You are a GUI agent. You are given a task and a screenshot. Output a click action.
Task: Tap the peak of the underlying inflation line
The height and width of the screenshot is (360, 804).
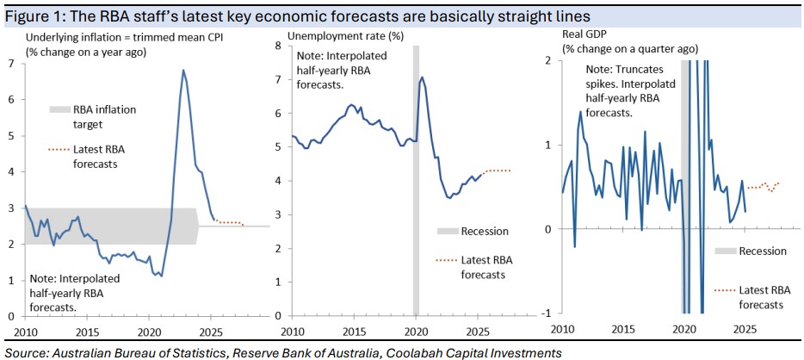pos(182,70)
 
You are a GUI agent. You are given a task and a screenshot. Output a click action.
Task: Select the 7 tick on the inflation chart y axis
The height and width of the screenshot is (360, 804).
pos(10,63)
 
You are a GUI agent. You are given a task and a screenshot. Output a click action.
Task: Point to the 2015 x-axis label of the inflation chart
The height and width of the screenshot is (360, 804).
pos(87,331)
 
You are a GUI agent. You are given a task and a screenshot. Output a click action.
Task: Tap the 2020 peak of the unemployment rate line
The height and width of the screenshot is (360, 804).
pos(422,78)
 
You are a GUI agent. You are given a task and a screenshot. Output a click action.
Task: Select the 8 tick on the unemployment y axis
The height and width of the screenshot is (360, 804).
pos(278,45)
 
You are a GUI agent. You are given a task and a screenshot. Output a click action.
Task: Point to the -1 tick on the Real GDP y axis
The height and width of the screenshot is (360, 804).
pos(548,313)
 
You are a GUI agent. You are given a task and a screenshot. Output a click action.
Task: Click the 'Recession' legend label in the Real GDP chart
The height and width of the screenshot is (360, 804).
pos(763,251)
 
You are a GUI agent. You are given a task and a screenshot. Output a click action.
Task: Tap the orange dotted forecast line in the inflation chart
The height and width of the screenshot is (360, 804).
pos(228,223)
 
